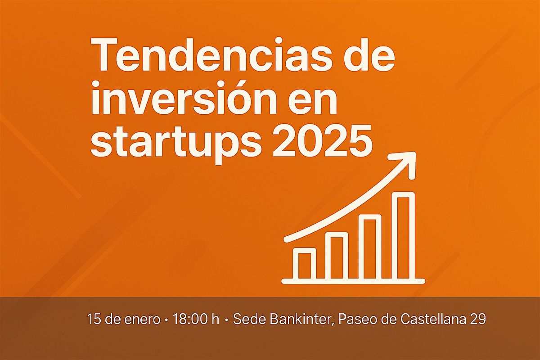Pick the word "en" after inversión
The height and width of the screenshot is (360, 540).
coord(313,101)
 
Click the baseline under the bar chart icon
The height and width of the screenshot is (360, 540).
coord(353,281)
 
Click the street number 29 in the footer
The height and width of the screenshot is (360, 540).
coord(478,319)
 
